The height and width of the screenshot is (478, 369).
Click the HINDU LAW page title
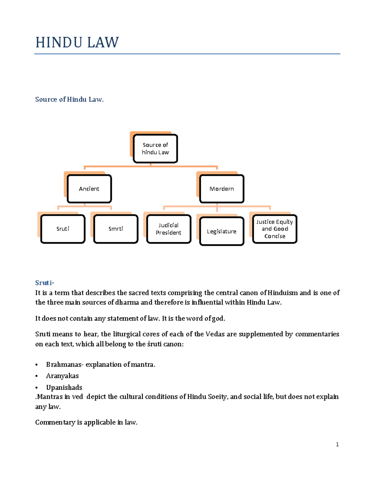tap(77, 42)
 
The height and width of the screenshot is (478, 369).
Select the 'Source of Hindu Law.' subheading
tap(69, 99)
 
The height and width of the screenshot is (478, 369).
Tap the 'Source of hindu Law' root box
tap(155, 149)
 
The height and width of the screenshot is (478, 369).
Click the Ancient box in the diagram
tap(89, 189)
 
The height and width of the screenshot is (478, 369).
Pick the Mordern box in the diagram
tap(222, 189)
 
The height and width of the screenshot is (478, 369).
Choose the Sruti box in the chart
tap(63, 229)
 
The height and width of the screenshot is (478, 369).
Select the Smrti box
tap(116, 229)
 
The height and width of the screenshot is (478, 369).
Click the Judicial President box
tap(169, 229)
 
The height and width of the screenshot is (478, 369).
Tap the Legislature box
tap(222, 231)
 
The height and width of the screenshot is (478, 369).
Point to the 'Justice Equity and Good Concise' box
tap(275, 229)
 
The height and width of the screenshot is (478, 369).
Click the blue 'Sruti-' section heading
tap(45, 283)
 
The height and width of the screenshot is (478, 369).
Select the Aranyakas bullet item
tap(62, 376)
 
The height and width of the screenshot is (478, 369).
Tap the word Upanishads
tap(64, 388)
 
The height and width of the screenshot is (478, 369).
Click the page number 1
tap(337, 444)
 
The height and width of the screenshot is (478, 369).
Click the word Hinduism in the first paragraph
tap(283, 293)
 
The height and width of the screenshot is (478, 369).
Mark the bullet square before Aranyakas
tap(37, 376)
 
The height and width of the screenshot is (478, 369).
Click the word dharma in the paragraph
tap(127, 302)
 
